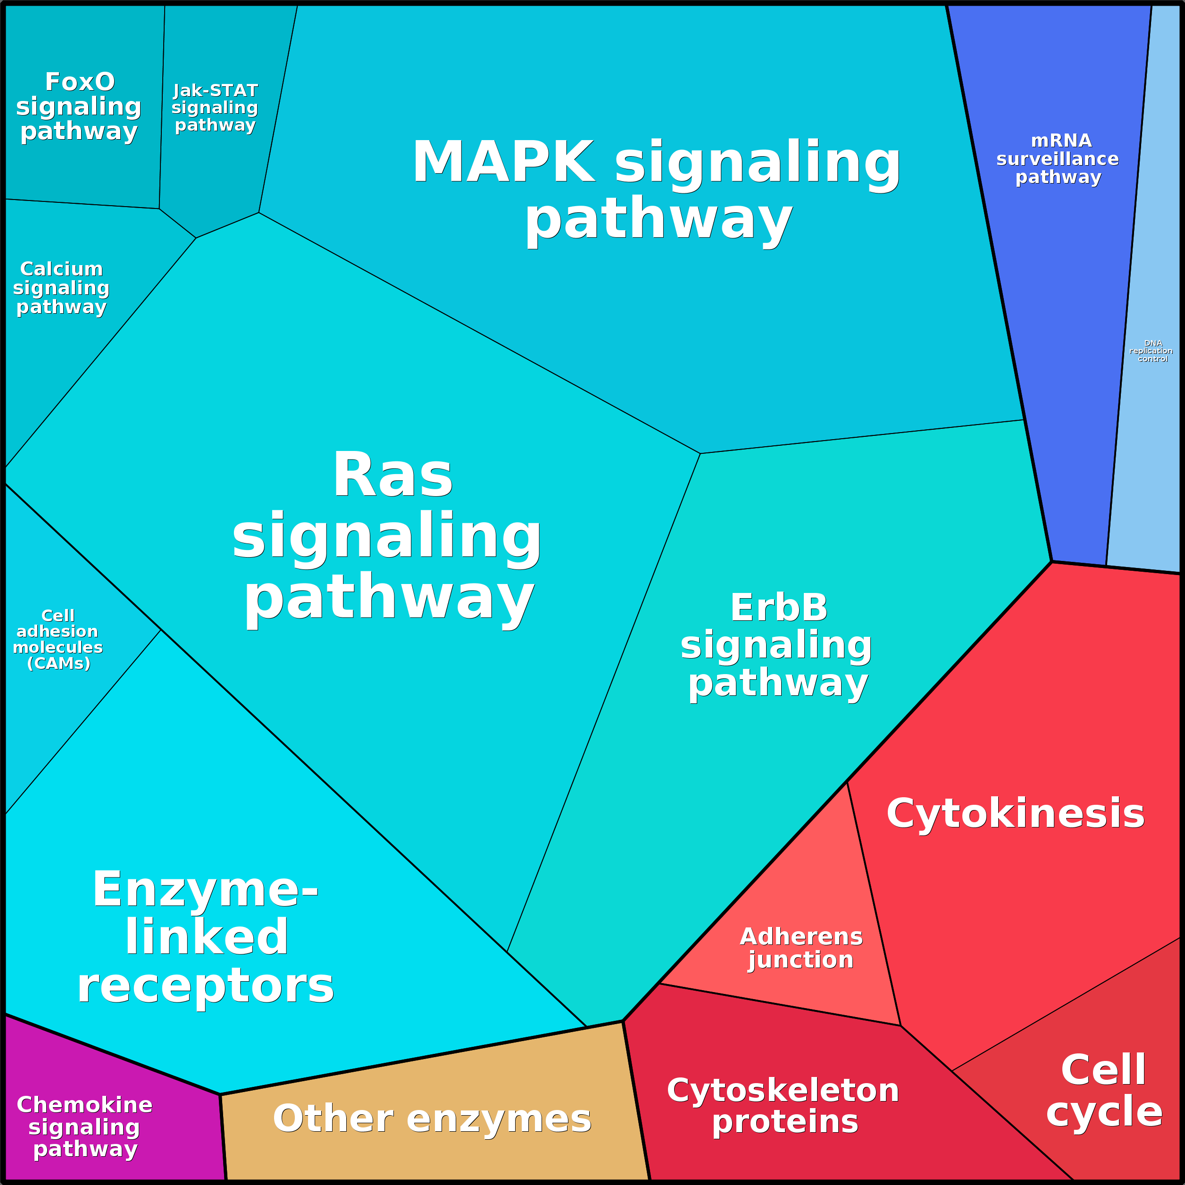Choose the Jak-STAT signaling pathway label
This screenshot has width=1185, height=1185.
click(x=215, y=108)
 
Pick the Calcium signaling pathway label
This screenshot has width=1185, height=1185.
click(x=61, y=288)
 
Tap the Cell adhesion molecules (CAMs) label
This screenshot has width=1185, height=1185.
click(x=58, y=639)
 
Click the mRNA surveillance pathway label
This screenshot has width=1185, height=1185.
click(x=1058, y=159)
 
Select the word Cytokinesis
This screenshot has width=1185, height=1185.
click(x=1015, y=814)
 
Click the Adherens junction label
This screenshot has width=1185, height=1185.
click(x=801, y=948)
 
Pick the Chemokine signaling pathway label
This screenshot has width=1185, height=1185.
click(x=84, y=1127)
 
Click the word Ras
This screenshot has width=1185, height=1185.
click(x=392, y=476)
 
